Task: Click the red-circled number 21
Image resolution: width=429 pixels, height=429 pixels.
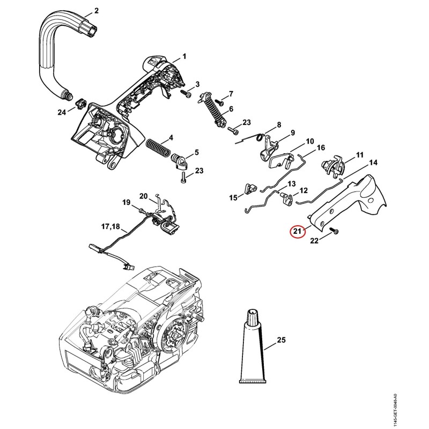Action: [x=298, y=232]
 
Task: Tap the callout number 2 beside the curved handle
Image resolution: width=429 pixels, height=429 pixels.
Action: [x=97, y=11]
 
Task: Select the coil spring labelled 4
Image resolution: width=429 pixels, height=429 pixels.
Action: [x=157, y=148]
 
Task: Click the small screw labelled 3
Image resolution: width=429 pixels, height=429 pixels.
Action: [x=186, y=93]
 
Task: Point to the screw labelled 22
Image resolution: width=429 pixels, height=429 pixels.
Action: [x=334, y=231]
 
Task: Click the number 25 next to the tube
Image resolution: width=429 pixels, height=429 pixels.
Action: [x=281, y=340]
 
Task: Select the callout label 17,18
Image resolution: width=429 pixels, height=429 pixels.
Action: [x=110, y=226]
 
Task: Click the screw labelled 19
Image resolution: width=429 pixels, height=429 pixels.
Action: [x=142, y=211]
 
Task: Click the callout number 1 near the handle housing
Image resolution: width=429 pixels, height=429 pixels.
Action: [x=184, y=56]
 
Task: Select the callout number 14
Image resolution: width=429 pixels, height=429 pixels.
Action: [x=373, y=162]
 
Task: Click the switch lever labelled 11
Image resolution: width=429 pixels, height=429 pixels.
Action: [x=332, y=165]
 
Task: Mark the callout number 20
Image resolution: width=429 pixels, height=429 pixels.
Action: [x=144, y=196]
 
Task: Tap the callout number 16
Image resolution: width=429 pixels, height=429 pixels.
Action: [x=321, y=148]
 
